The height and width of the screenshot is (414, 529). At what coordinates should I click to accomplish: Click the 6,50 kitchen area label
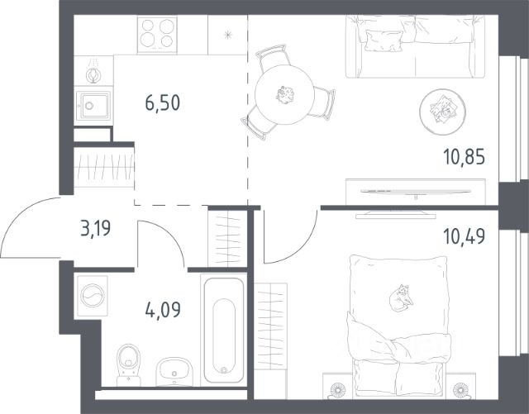163,103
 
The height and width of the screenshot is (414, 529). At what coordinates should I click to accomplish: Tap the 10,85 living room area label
465,157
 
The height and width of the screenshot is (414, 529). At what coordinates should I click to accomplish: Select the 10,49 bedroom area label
465,236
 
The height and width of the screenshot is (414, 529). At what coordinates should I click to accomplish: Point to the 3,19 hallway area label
96,228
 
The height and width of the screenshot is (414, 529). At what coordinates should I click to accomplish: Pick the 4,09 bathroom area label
163,310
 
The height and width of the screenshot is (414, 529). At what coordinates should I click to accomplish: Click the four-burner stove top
157,35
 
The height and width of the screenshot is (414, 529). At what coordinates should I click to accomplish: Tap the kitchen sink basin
93,106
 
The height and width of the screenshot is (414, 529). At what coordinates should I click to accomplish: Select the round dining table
285,94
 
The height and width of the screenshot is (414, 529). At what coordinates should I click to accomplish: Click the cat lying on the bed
401,297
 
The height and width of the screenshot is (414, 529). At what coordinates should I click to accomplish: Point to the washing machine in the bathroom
93,296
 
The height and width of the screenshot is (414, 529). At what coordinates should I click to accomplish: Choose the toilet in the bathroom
128,365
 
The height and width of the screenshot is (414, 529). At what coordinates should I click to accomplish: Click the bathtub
224,330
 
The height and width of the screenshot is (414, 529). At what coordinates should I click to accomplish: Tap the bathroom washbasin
174,372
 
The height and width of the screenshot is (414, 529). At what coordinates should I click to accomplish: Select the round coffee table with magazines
443,112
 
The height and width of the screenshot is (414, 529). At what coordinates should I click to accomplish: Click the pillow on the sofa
384,40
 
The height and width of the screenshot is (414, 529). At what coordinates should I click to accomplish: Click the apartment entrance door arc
17,215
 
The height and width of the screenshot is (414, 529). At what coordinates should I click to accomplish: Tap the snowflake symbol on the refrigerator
228,35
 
